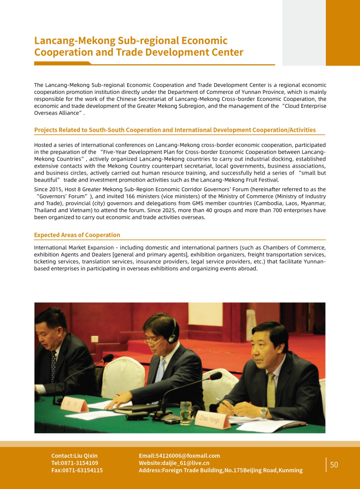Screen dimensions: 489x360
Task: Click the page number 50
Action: pos(334,465)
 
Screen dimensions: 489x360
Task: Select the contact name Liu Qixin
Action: pos(86,456)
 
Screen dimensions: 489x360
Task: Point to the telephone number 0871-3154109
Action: pos(79,463)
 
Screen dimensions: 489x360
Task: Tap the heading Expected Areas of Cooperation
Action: pos(77,235)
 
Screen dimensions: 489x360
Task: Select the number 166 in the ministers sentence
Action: pos(130,196)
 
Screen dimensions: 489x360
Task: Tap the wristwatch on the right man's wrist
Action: pos(263,413)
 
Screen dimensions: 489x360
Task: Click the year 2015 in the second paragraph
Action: pos(56,189)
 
